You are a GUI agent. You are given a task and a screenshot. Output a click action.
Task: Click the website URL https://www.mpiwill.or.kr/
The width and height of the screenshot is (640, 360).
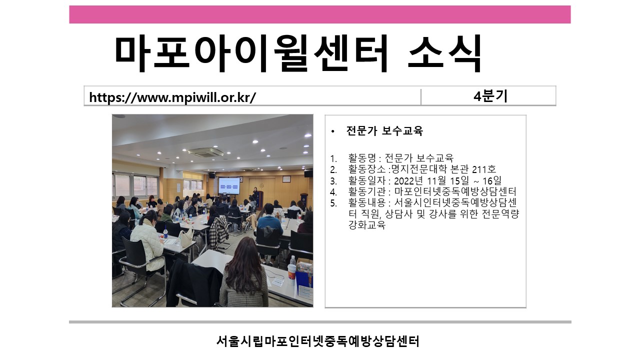point(172,97)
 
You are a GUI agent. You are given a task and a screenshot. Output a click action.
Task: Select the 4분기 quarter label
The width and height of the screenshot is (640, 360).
point(490,96)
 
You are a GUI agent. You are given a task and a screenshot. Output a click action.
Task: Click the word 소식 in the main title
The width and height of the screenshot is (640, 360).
point(444,53)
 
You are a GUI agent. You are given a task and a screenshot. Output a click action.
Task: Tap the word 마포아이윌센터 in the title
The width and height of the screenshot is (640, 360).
point(251,53)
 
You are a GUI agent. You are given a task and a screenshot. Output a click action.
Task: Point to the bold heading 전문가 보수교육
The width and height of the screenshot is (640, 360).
point(384,131)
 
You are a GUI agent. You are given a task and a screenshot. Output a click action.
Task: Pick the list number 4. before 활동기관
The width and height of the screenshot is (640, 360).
point(333,191)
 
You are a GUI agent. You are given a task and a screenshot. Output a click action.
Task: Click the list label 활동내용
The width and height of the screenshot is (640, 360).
point(367,202)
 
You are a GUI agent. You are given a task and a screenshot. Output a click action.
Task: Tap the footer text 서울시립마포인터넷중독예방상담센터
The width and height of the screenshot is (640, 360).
point(317,341)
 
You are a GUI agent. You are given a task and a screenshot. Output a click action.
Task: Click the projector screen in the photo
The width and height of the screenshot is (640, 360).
point(229,186)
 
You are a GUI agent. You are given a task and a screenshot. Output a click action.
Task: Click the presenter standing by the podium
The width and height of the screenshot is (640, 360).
point(255,197)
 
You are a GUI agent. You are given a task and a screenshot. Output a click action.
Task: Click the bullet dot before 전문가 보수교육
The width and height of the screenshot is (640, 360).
point(332,131)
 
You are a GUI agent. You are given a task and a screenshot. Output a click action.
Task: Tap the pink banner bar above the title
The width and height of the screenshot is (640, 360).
point(320,14)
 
